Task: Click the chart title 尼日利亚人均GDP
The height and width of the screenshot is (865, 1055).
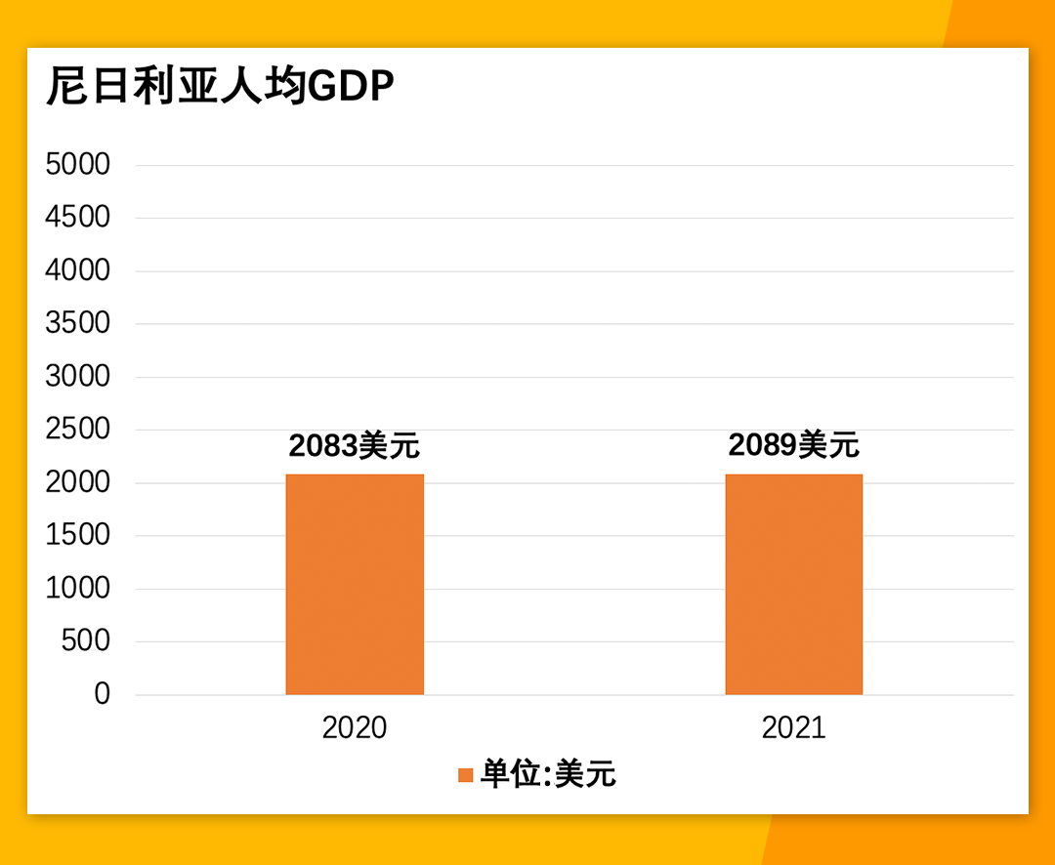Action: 220,87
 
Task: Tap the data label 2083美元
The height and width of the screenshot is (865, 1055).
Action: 354,446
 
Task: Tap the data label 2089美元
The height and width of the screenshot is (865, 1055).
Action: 793,445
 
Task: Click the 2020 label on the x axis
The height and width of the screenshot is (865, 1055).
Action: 355,728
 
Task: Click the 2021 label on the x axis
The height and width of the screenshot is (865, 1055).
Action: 793,728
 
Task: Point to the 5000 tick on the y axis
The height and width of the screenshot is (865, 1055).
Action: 78,165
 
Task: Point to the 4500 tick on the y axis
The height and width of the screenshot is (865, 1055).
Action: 78,218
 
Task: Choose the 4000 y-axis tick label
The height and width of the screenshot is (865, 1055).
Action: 78,270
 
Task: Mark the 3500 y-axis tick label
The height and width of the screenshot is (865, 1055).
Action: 78,323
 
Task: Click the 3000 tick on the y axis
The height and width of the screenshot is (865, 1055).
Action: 78,377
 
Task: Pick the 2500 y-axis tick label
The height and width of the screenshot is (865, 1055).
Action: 78,430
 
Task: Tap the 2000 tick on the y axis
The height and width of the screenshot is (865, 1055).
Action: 78,482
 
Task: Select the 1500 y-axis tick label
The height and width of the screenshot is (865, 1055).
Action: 78,535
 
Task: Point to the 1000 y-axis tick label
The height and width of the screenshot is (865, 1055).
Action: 78,589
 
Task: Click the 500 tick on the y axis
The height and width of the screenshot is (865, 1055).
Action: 86,641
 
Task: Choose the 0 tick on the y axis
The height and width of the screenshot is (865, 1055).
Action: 103,694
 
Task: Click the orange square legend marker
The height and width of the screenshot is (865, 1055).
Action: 466,775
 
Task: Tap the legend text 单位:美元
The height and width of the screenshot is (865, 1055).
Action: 548,775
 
